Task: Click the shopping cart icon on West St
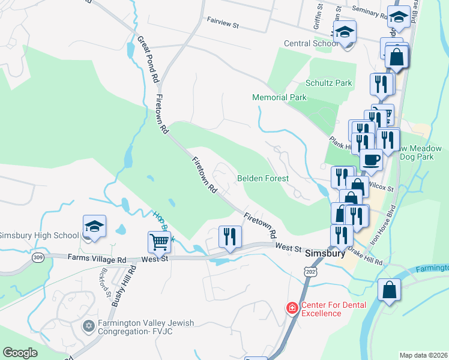pos(160,242)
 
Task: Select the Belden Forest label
pos(263,178)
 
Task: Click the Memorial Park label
pos(279,97)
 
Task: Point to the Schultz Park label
pos(328,83)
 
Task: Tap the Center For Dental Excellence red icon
pos(292,308)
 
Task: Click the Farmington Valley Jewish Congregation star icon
pos(89,326)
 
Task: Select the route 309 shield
pos(38,257)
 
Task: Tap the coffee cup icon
pos(371,160)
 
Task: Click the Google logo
pos(20,352)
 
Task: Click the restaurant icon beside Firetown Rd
pos(230,236)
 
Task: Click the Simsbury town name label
pos(325,253)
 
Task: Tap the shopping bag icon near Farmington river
pos(389,290)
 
